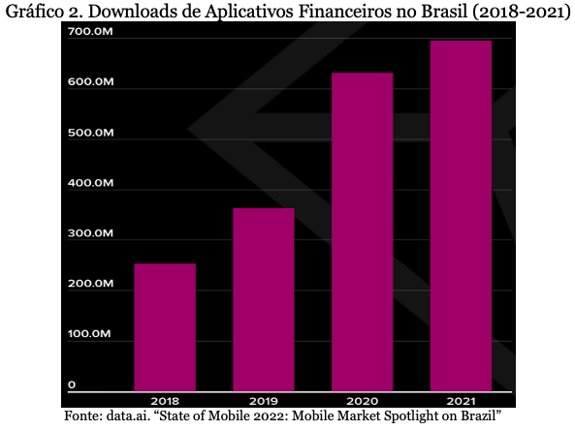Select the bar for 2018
(165, 327)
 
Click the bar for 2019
(264, 300)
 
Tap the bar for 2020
(363, 232)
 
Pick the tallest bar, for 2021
(461, 216)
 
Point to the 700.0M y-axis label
(90, 32)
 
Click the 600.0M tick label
(90, 81)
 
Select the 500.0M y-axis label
(90, 133)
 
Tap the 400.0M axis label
(90, 183)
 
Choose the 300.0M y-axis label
(90, 233)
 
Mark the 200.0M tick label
(90, 284)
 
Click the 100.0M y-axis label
(89, 334)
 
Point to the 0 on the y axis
(72, 384)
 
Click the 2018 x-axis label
(165, 401)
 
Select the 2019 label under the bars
(264, 401)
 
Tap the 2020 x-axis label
(363, 401)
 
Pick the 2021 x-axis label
(461, 401)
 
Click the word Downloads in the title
(144, 11)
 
